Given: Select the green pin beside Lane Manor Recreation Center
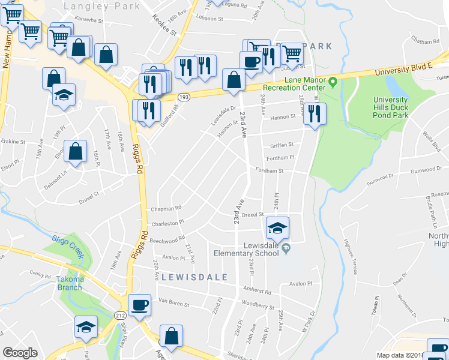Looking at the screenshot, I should (x=332, y=82).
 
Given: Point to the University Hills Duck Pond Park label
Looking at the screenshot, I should (x=390, y=107).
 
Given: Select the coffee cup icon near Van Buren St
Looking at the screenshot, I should (x=140, y=305).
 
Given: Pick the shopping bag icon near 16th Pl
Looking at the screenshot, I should (x=76, y=152).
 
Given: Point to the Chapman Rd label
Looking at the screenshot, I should (x=166, y=208).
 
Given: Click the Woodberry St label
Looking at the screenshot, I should (x=260, y=305).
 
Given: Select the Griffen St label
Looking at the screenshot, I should (x=282, y=145).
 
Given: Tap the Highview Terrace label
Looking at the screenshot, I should (x=348, y=248).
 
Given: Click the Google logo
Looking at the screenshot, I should (x=20, y=353).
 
